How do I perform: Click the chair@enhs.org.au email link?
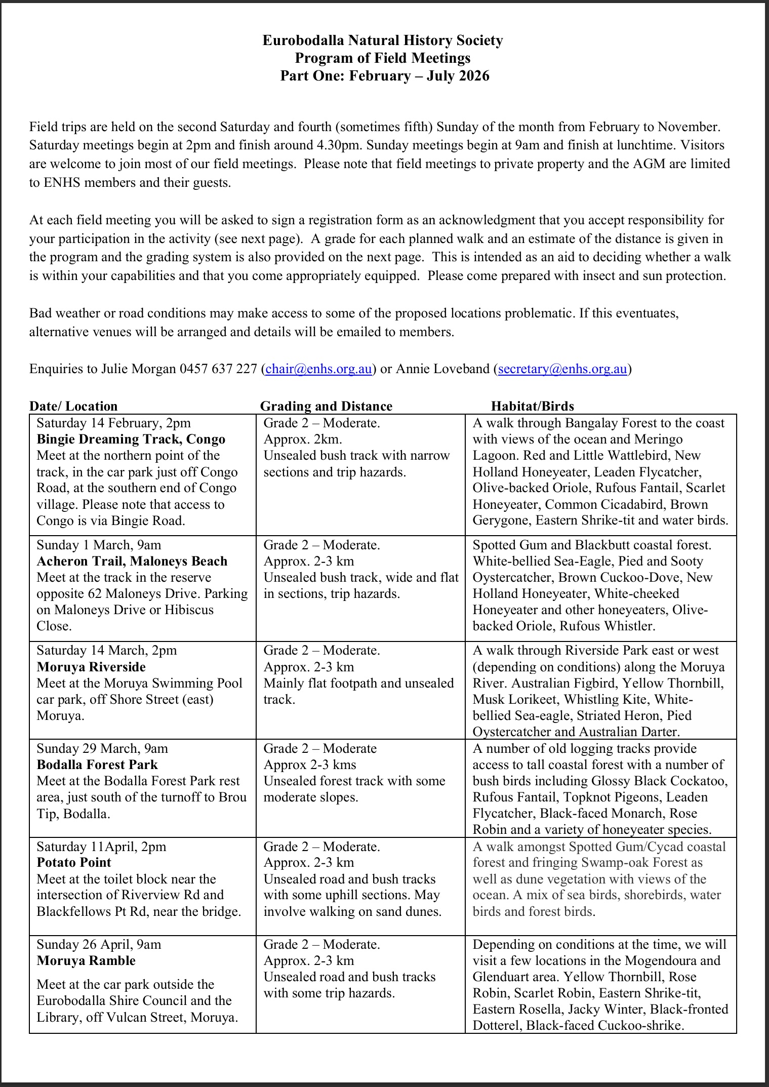pyautogui.click(x=318, y=369)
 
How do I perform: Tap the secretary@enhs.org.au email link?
pyautogui.click(x=563, y=369)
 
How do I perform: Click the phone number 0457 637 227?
pyautogui.click(x=218, y=369)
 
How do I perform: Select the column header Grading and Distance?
pyautogui.click(x=326, y=406)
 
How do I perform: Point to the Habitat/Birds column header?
pyautogui.click(x=532, y=406)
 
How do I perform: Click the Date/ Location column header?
pyautogui.click(x=73, y=406)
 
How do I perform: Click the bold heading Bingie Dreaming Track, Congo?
pyautogui.click(x=131, y=439)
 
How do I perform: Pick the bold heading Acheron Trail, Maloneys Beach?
pyautogui.click(x=132, y=561)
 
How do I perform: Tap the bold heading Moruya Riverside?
pyautogui.click(x=91, y=667)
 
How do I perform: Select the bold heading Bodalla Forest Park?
pyautogui.click(x=97, y=764)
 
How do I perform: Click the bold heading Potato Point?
pyautogui.click(x=74, y=862)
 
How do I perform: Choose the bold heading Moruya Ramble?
pyautogui.click(x=86, y=960)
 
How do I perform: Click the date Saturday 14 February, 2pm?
pyautogui.click(x=113, y=423)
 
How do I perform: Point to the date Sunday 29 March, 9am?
pyautogui.click(x=102, y=748)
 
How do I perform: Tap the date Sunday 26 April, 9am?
pyautogui.click(x=99, y=944)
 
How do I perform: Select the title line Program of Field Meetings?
pyautogui.click(x=383, y=58)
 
